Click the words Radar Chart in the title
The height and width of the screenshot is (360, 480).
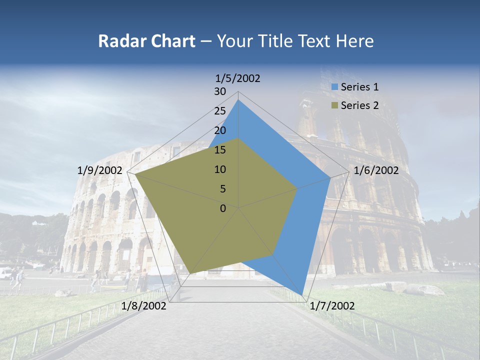click(146, 41)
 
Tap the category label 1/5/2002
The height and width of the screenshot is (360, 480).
click(238, 78)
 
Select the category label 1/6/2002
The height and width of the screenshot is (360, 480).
click(376, 170)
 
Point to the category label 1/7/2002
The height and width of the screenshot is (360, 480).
click(332, 306)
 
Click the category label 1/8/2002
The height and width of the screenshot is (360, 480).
click(144, 306)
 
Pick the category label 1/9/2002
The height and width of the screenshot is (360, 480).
click(100, 170)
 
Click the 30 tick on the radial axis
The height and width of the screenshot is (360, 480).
click(220, 91)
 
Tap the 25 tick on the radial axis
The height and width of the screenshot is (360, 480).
click(220, 111)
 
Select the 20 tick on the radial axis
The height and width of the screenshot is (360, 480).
click(220, 130)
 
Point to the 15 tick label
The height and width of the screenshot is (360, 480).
click(220, 150)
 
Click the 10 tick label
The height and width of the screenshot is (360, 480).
click(220, 169)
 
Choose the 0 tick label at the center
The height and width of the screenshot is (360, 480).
click(223, 208)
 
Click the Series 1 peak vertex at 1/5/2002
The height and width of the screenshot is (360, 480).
click(238, 100)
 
